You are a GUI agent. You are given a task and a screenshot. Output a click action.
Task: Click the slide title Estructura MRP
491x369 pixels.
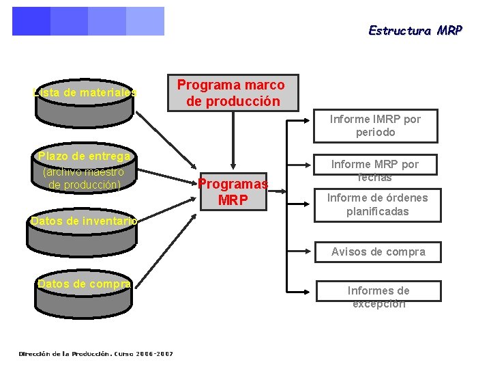point(415,31)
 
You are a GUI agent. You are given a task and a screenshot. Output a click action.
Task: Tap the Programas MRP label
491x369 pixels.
point(233,192)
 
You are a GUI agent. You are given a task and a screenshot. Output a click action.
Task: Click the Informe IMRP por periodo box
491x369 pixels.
point(375,126)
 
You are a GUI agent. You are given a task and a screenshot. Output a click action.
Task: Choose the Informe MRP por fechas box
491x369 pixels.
point(375,171)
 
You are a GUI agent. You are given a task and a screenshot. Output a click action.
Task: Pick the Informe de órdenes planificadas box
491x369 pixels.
point(377,205)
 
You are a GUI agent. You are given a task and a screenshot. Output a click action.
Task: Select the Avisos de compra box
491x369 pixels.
point(378,252)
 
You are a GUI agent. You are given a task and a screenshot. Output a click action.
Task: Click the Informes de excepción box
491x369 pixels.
point(378,297)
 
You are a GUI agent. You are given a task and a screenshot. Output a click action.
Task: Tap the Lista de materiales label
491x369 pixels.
point(85,92)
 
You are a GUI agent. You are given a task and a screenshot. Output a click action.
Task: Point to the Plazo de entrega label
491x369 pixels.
point(83,156)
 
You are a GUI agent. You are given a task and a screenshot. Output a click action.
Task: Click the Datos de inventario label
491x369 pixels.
point(83,221)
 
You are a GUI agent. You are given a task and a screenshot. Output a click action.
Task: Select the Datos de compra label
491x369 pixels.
point(84,284)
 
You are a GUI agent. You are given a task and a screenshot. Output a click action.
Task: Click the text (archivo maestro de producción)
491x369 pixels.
point(83,178)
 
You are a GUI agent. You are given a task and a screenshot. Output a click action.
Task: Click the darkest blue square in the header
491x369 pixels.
point(31,21)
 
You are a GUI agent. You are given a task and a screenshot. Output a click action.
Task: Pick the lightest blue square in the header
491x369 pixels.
point(145,21)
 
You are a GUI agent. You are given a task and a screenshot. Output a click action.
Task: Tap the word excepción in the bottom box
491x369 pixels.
point(378,304)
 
